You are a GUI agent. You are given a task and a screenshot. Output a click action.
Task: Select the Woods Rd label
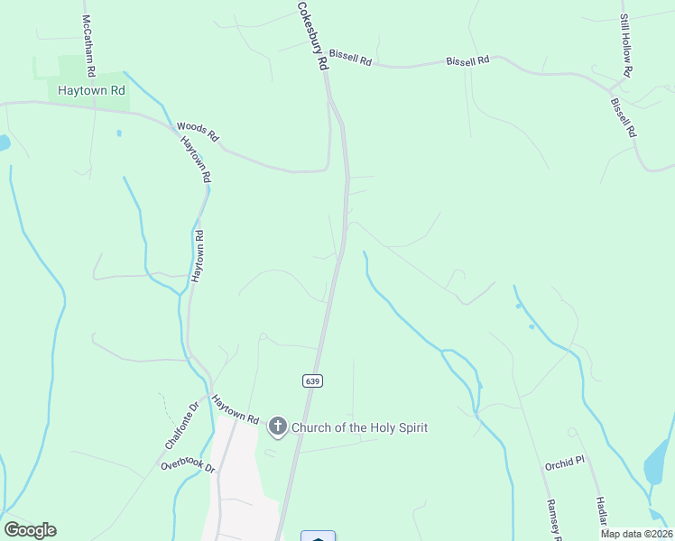[x=198, y=133]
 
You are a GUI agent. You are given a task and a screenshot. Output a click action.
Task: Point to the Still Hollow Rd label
[x=626, y=45]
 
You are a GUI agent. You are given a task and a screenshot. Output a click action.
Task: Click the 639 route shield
[x=312, y=381]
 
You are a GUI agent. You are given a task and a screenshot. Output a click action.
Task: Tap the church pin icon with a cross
[x=278, y=427]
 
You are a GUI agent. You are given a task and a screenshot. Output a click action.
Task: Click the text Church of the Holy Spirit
[x=360, y=427]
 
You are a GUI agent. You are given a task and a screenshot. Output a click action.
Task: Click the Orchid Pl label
[x=565, y=466]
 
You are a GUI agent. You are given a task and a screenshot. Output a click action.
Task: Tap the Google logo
[x=30, y=530]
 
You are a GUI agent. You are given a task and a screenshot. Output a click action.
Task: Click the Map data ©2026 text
[x=636, y=534]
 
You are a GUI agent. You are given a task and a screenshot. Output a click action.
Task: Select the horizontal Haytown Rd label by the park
[x=91, y=91]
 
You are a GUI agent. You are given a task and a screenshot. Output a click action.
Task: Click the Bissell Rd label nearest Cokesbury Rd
[x=350, y=58]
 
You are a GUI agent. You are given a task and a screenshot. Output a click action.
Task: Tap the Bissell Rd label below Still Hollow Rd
[x=624, y=118]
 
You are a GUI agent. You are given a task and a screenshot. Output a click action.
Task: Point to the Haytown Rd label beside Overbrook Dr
[x=236, y=409]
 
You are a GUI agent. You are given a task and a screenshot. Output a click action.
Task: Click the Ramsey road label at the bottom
[x=553, y=519]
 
